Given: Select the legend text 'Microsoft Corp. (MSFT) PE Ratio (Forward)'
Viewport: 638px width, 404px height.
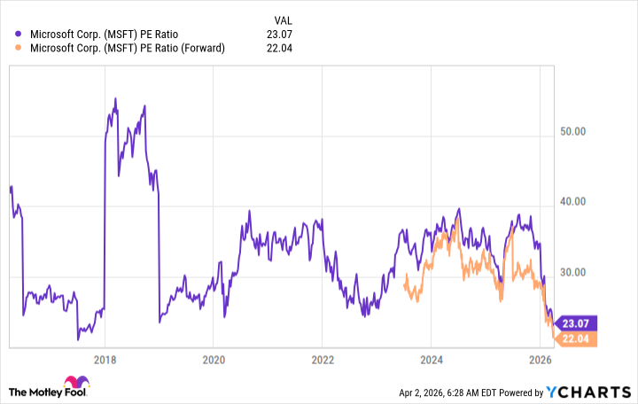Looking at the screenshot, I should pyautogui.click(x=128, y=48).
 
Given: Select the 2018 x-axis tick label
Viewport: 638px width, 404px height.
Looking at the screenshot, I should pyautogui.click(x=105, y=361).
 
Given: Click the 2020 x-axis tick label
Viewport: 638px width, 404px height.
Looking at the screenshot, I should pyautogui.click(x=213, y=361).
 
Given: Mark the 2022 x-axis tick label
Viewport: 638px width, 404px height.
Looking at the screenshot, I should pyautogui.click(x=322, y=361).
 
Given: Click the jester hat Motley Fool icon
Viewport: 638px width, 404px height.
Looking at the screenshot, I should pyautogui.click(x=82, y=389).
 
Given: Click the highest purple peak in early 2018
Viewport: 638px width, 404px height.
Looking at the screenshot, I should pyautogui.click(x=115, y=97).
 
